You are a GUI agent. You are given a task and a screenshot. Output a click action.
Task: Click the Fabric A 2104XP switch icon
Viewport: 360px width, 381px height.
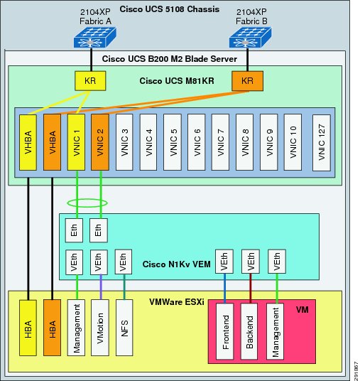point(95,37)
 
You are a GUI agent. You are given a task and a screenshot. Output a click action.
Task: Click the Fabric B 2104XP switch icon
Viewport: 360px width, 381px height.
point(250,37)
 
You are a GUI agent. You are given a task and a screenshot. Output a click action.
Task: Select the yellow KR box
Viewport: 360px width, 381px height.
point(90,81)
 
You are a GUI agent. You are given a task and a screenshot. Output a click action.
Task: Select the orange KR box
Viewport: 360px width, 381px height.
point(247,81)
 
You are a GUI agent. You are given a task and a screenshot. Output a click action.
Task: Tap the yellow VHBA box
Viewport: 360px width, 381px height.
point(28,142)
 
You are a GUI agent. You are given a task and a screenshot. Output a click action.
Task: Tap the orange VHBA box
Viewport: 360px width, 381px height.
point(53,142)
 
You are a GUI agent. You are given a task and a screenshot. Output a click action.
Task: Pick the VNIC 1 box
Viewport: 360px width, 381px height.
point(76,142)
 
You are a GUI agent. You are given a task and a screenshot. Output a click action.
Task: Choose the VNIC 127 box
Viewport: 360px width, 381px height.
point(322,143)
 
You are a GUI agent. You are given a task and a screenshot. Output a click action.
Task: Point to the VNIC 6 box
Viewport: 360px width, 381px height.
point(197,142)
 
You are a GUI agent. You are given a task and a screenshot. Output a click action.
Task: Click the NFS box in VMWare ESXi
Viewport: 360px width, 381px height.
point(124,328)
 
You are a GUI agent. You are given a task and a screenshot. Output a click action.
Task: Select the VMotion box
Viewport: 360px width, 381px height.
point(100,328)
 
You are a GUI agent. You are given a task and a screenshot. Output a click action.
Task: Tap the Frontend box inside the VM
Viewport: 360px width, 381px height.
point(225,331)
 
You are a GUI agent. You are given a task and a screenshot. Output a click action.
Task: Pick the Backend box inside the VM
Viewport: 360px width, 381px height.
point(249,331)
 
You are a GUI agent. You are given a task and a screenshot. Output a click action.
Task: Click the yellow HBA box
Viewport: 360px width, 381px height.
point(28,328)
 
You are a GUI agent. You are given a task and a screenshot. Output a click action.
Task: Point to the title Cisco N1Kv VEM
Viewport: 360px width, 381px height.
point(177,264)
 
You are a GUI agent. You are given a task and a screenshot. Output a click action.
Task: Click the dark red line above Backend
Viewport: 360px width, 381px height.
point(250,289)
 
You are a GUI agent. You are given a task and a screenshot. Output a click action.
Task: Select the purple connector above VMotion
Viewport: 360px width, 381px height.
point(101,287)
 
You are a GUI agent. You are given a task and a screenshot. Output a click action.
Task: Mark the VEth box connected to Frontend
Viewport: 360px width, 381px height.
point(224,262)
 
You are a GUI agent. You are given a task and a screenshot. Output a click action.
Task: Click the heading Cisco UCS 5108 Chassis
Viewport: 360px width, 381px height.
point(170,9)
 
